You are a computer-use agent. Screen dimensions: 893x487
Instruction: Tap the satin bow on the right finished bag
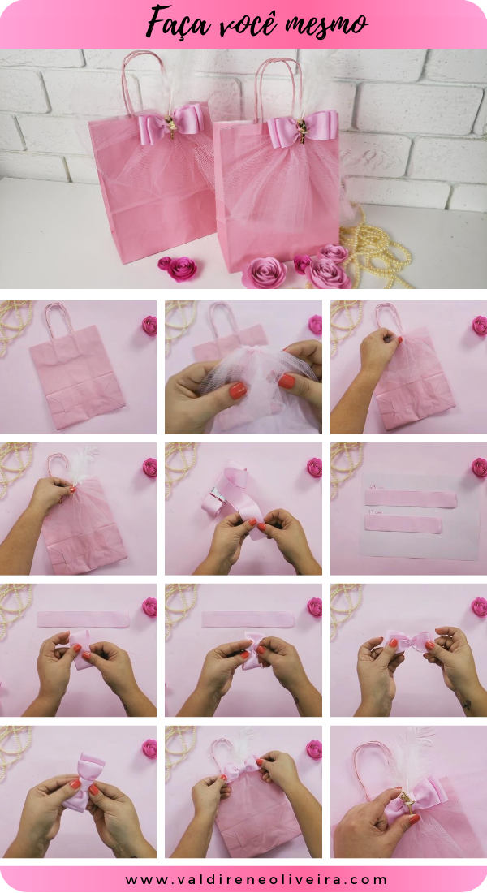(302, 128)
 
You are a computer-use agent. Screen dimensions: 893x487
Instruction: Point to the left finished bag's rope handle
(143, 77)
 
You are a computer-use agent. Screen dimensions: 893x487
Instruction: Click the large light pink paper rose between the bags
(265, 272)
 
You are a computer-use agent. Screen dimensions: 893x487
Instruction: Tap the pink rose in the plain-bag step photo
(149, 326)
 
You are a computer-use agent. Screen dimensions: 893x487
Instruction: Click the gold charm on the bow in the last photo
(403, 804)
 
